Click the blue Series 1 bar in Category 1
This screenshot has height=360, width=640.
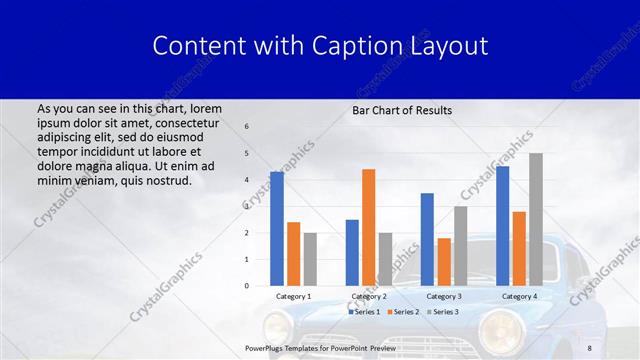pos(277,229)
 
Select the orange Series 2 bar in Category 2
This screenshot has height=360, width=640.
pos(368,227)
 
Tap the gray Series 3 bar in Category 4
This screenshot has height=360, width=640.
pos(536,219)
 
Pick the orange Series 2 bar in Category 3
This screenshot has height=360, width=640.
pos(443,262)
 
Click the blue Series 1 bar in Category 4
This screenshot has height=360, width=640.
pos(502,226)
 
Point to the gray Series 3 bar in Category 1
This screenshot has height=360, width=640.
pos(310,259)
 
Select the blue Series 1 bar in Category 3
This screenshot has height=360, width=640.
pos(427,239)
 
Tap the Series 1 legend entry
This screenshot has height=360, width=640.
pos(364,312)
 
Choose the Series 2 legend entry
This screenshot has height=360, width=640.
pos(402,312)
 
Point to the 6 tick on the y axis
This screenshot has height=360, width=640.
pos(247,127)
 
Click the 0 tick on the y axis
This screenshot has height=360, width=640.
pos(247,286)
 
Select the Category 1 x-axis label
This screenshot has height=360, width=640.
pos(293,296)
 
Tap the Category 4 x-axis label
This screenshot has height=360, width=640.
pos(518,296)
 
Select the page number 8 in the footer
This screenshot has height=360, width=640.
pos(590,348)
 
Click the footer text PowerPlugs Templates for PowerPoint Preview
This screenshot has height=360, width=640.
pos(320,348)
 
